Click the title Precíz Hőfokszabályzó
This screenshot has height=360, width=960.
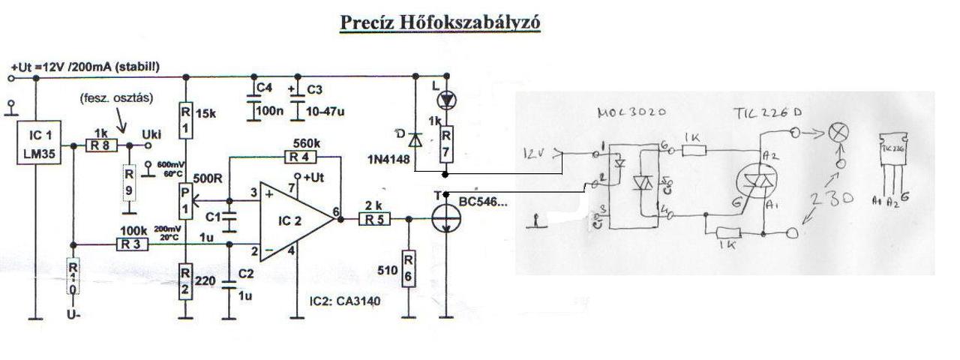[440, 22]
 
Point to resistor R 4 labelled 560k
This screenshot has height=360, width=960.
[299, 157]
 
